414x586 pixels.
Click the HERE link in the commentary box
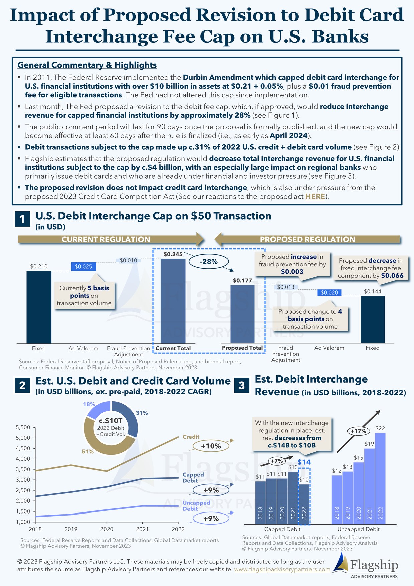tap(315, 196)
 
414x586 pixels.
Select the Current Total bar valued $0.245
tap(173, 301)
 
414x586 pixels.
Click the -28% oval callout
tap(209, 262)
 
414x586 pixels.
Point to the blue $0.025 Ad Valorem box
tap(83, 266)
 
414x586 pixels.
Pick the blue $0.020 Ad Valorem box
tap(329, 293)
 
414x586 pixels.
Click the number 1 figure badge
tap(22, 219)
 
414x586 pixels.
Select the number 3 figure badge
tap(242, 385)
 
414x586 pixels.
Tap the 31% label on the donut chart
tap(142, 413)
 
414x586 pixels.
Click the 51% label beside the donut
tap(88, 451)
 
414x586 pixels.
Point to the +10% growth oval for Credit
tap(211, 446)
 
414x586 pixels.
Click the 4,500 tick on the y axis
tap(23, 448)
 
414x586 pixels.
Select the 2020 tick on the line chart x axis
tap(107, 529)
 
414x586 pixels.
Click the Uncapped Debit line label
tap(196, 506)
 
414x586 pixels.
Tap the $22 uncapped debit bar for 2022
tap(380, 478)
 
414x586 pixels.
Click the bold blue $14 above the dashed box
tap(304, 462)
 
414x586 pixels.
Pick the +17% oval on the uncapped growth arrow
tap(358, 431)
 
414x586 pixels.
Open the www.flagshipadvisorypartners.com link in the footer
tap(282, 569)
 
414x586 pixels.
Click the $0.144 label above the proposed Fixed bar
tap(373, 291)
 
